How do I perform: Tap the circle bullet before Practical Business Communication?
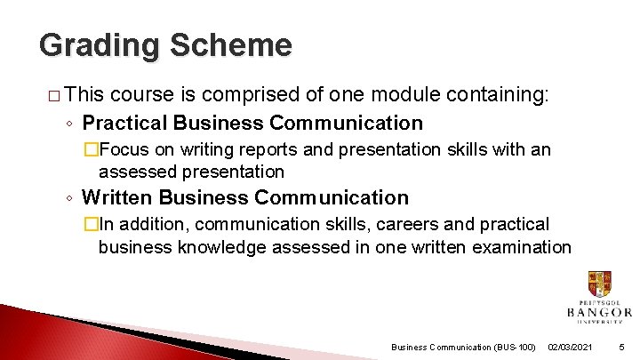(x=71, y=124)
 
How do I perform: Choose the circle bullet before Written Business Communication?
(x=71, y=198)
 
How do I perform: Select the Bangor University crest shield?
(x=599, y=284)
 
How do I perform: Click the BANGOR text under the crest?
(x=599, y=313)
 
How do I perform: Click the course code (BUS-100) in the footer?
(x=513, y=346)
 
